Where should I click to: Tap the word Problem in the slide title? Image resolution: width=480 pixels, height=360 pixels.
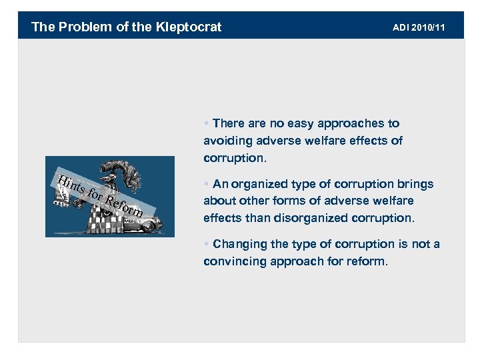pos(75,27)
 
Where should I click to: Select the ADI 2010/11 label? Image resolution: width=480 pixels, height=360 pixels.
pos(419,27)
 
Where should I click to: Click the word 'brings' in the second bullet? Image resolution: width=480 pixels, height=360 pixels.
pos(414,184)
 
